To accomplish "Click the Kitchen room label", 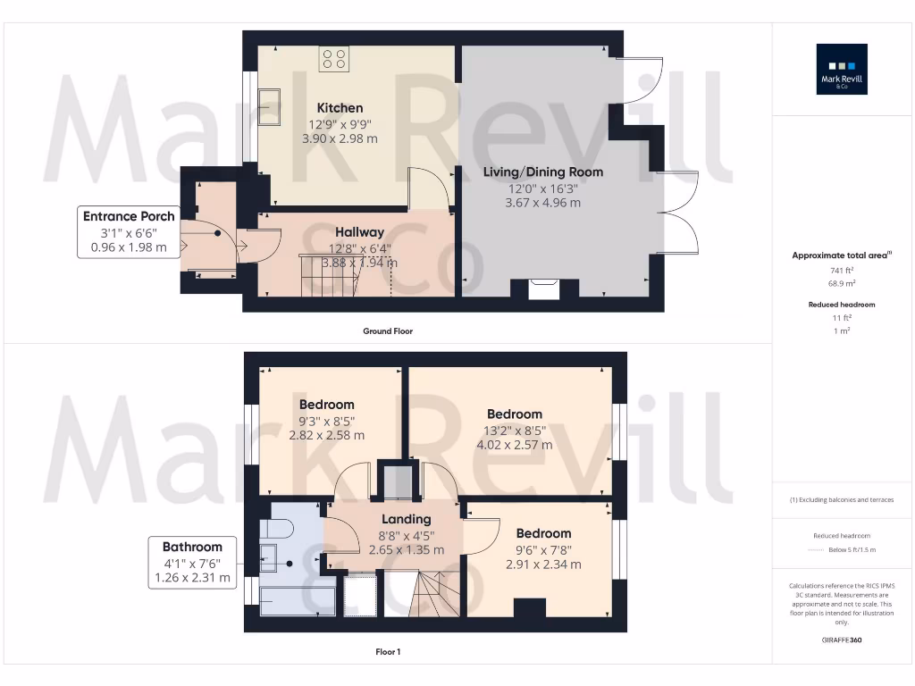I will (340, 108).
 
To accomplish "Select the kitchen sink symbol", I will (268, 99).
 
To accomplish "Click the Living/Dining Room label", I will (542, 171).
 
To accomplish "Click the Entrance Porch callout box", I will (129, 231).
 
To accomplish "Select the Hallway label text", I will (359, 232).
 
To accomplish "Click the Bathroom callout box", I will (192, 562).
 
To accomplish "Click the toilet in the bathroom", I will (274, 531).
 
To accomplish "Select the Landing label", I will (407, 519).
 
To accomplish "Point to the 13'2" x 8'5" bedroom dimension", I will (514, 430).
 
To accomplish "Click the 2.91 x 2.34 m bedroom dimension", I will (543, 565).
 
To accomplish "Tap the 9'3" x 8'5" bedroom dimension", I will (326, 420).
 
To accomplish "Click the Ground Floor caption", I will (388, 331).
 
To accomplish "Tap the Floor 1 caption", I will (388, 652).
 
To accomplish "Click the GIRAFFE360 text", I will (842, 640).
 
